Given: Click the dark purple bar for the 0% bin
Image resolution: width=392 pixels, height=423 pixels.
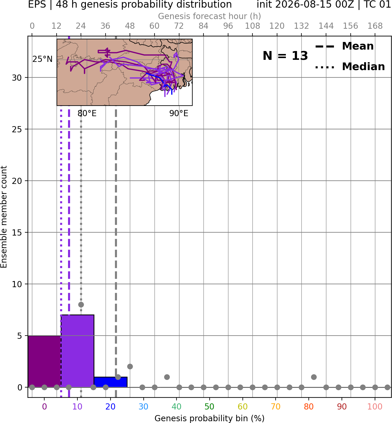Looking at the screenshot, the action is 45,361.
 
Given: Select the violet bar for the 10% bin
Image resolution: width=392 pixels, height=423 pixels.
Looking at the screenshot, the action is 77,351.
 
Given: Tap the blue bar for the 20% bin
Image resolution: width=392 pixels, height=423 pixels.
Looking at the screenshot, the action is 111,382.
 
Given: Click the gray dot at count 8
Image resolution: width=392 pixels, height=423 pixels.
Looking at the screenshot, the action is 81,304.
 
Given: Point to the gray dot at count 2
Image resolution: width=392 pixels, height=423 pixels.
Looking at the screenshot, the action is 130,367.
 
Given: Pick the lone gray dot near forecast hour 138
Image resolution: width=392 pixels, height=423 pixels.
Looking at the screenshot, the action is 314,377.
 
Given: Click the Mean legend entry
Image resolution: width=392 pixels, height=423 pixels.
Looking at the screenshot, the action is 344,46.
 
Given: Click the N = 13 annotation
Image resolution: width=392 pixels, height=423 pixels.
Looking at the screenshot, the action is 285,56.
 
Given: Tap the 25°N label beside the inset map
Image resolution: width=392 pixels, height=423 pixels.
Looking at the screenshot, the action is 43,59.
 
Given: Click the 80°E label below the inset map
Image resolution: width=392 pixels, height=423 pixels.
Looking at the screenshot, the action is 87,113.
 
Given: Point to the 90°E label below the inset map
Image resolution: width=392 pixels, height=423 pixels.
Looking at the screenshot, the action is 179,113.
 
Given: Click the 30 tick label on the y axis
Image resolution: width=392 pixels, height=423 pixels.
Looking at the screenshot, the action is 17,78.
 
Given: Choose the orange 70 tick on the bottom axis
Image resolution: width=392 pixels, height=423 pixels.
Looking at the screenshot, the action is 276,407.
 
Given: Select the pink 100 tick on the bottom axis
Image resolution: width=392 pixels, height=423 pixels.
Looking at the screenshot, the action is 375,407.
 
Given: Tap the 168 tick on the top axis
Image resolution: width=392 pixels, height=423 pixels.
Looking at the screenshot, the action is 375,26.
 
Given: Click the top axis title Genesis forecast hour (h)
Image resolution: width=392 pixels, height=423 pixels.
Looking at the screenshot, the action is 209,16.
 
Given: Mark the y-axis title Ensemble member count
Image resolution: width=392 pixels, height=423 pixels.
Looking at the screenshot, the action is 4,217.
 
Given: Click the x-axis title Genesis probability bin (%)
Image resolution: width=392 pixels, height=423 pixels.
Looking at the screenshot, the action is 210,418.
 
